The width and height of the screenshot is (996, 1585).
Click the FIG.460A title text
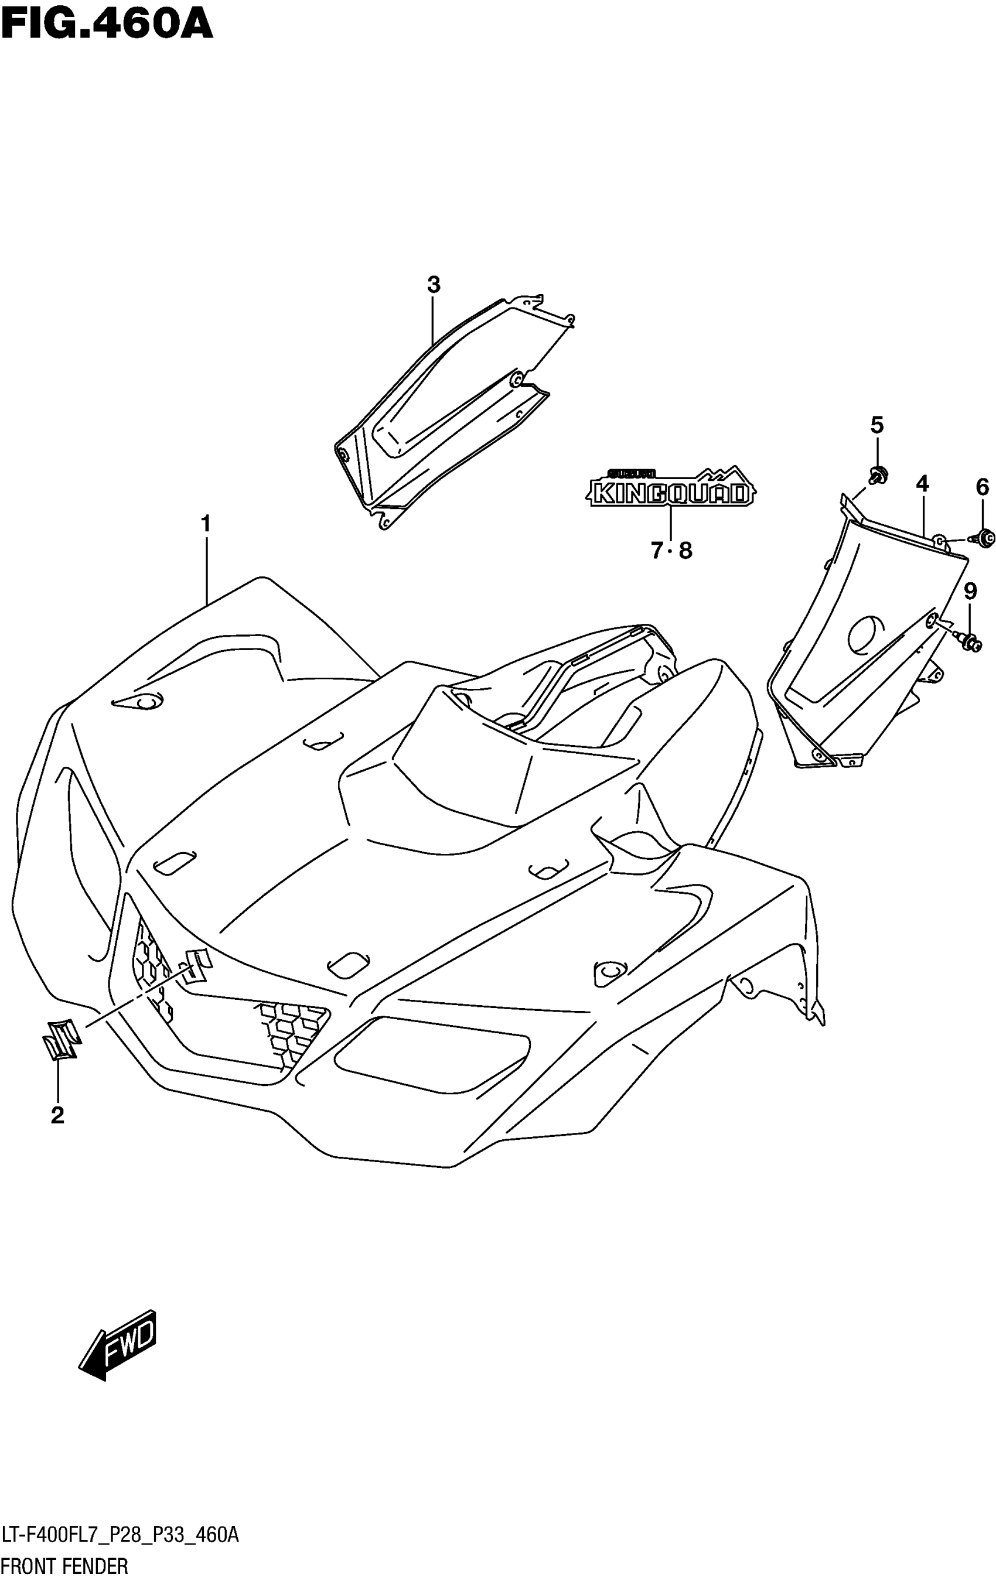tap(107, 25)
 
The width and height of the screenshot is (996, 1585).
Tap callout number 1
tap(206, 524)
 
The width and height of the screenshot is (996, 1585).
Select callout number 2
tap(57, 1115)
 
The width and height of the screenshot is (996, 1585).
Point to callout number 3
tap(433, 285)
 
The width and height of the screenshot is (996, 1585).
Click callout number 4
tap(922, 484)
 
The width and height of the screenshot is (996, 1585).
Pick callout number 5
tap(876, 425)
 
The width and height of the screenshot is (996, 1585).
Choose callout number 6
tap(981, 487)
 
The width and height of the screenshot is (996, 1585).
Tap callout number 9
tap(970, 591)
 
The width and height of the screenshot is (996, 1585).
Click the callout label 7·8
tap(671, 550)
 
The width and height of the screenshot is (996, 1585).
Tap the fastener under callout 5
tap(878, 474)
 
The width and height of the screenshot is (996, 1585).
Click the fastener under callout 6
tap(985, 538)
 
